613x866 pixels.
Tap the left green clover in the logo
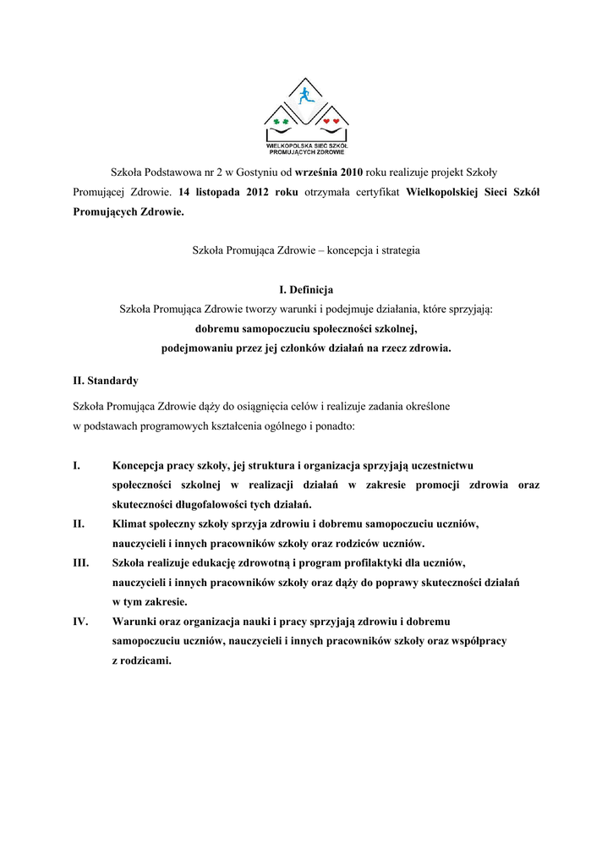click(x=276, y=122)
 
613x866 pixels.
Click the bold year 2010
click(x=351, y=172)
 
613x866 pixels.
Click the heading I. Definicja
click(x=306, y=290)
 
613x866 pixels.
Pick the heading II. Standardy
click(x=106, y=381)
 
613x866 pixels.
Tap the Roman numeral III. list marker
click(x=81, y=562)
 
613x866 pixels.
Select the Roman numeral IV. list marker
click(x=81, y=622)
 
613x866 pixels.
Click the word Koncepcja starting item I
click(x=139, y=465)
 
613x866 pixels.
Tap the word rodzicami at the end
click(x=145, y=660)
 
